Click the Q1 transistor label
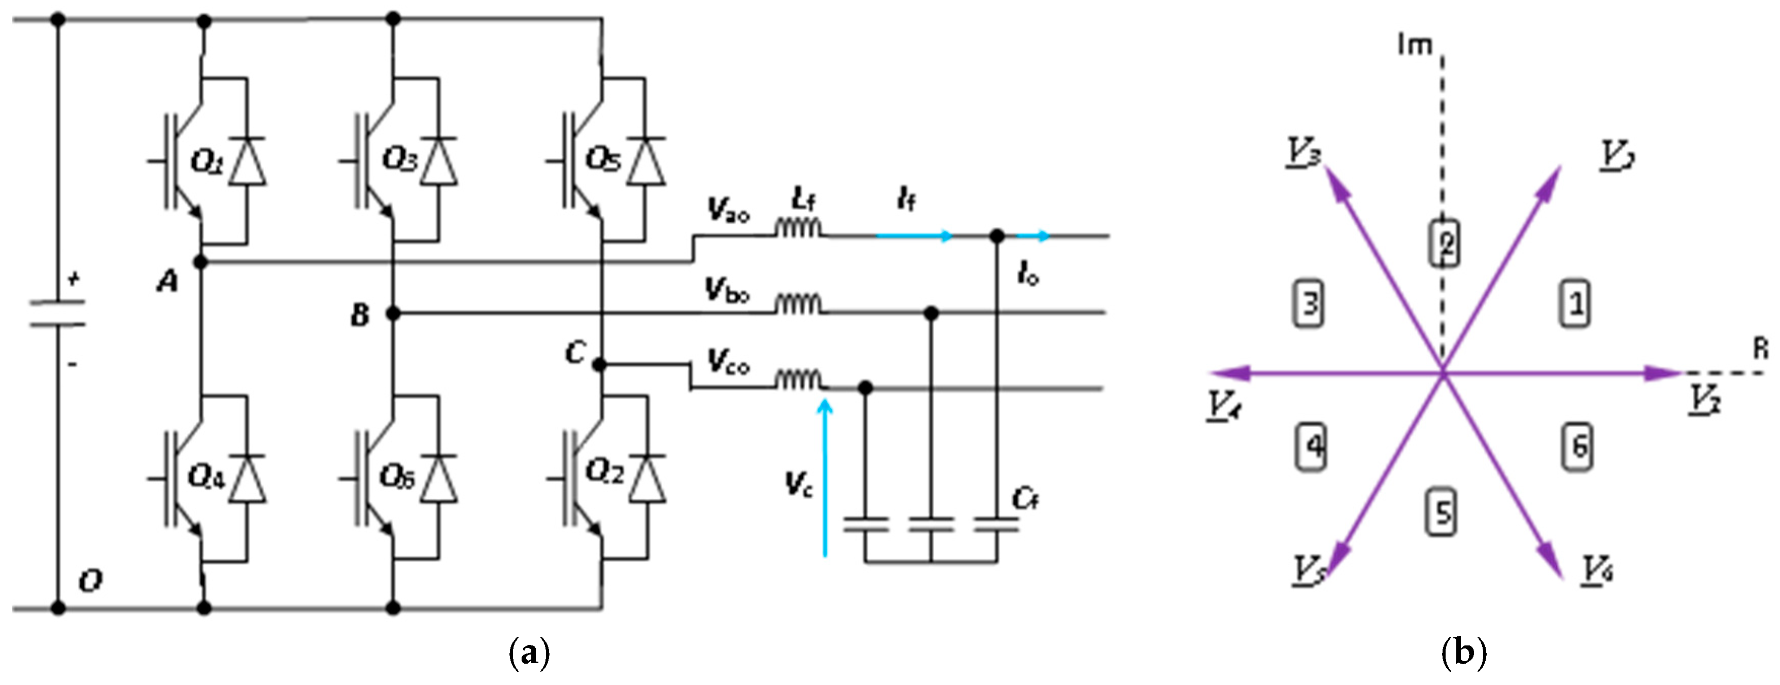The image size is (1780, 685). point(207,162)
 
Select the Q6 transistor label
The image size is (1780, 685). point(397,476)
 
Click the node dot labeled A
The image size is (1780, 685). point(201,262)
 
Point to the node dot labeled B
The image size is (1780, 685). point(393,314)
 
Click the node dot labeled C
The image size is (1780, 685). point(600,364)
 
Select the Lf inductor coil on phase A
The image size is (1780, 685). point(798,228)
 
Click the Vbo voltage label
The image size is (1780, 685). point(727,290)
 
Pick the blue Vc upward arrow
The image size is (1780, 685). point(825,477)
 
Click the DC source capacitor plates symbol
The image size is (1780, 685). point(58,313)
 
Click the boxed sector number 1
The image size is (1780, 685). point(1576,303)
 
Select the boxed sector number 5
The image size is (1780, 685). point(1442,513)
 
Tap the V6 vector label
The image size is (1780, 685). point(1598,571)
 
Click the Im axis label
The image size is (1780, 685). point(1415,46)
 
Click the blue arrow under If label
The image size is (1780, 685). point(915,236)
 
